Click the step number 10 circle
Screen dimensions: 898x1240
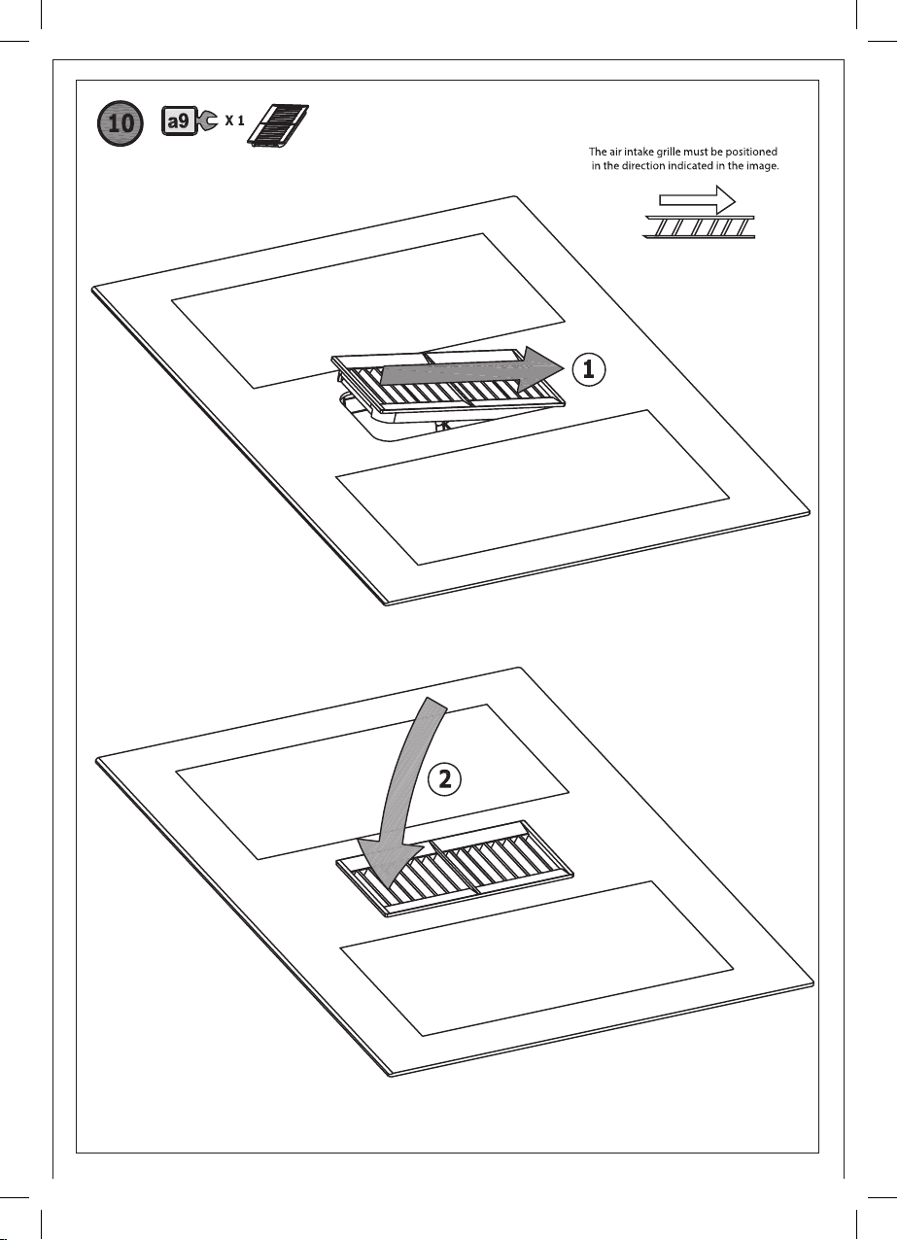click(x=120, y=122)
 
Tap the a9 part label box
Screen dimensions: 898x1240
click(x=179, y=121)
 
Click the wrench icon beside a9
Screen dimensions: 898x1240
click(x=207, y=121)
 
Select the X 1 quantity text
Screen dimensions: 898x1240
click(x=234, y=121)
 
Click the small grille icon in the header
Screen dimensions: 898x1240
click(x=278, y=126)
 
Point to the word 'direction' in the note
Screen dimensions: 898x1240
click(x=644, y=166)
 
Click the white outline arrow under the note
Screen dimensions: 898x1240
click(x=697, y=200)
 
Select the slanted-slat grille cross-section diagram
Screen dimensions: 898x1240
click(x=699, y=227)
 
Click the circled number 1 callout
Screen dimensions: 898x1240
click(x=588, y=369)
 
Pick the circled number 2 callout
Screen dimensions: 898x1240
click(x=444, y=780)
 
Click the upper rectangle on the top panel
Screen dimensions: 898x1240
click(x=368, y=311)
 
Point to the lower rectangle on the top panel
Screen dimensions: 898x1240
click(x=533, y=488)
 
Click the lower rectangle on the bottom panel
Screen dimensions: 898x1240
click(x=536, y=959)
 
